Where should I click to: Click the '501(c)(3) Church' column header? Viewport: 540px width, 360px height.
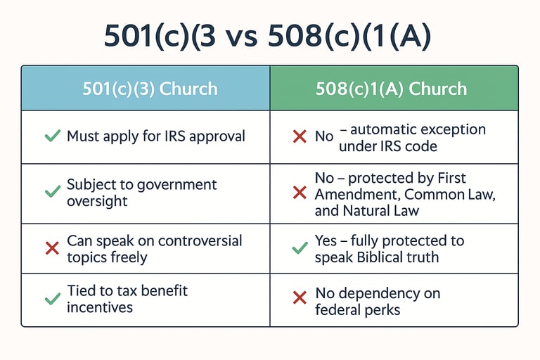tap(150, 89)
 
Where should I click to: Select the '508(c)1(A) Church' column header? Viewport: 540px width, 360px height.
tap(391, 89)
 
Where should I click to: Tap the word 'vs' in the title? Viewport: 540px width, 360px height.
tap(242, 37)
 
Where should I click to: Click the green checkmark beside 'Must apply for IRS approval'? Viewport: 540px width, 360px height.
tap(53, 136)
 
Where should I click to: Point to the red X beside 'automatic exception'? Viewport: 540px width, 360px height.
tap(300, 136)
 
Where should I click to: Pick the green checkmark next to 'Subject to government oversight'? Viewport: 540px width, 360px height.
tap(53, 192)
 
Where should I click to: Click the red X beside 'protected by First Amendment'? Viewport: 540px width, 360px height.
tap(300, 193)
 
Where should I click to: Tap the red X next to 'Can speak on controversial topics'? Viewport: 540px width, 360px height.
tap(52, 248)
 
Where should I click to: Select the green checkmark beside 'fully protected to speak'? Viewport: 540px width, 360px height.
tap(300, 248)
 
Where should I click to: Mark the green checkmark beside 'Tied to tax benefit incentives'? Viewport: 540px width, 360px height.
tap(53, 299)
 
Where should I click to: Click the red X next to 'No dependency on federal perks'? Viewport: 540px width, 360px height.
tap(300, 297)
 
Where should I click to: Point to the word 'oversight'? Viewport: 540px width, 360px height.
tap(97, 201)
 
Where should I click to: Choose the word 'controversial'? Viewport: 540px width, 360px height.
tap(200, 240)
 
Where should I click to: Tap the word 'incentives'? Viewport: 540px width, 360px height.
tap(100, 307)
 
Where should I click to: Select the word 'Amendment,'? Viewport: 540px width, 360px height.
tap(357, 195)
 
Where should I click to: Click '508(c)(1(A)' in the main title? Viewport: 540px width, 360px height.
tap(349, 37)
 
